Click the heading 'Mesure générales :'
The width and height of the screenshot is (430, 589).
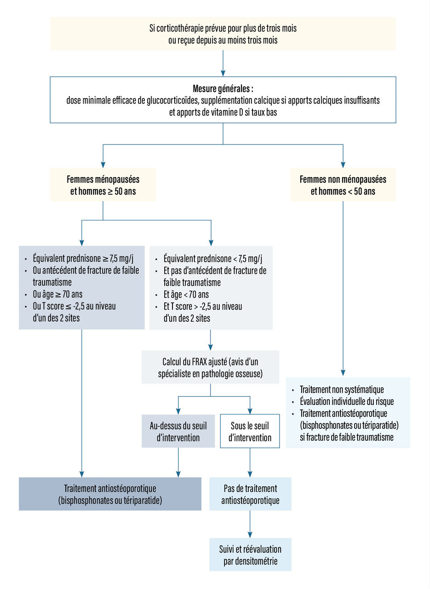223,88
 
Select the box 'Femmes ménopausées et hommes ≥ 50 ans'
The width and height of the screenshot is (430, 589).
103,185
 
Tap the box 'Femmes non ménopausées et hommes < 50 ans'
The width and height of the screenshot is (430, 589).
343,185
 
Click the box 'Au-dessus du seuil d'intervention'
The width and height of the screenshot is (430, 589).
178,431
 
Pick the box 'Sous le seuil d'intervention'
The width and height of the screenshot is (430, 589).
250,431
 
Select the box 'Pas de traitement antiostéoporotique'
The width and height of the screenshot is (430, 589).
250,494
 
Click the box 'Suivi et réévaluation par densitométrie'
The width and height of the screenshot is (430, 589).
250,554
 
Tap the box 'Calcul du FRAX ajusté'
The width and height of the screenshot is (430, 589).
210,367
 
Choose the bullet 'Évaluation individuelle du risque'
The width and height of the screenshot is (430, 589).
346,401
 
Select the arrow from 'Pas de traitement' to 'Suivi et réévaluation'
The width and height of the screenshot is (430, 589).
250,524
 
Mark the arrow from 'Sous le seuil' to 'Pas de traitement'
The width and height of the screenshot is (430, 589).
250,462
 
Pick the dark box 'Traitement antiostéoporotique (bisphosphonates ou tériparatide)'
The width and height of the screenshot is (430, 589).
110,494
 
